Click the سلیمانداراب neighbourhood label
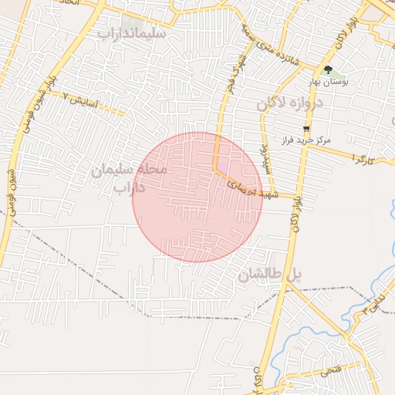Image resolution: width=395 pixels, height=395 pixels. pos(130,35)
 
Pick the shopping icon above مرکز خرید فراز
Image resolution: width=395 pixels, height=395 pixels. pos(307,129)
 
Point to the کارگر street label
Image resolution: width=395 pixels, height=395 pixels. pos(362,157)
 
